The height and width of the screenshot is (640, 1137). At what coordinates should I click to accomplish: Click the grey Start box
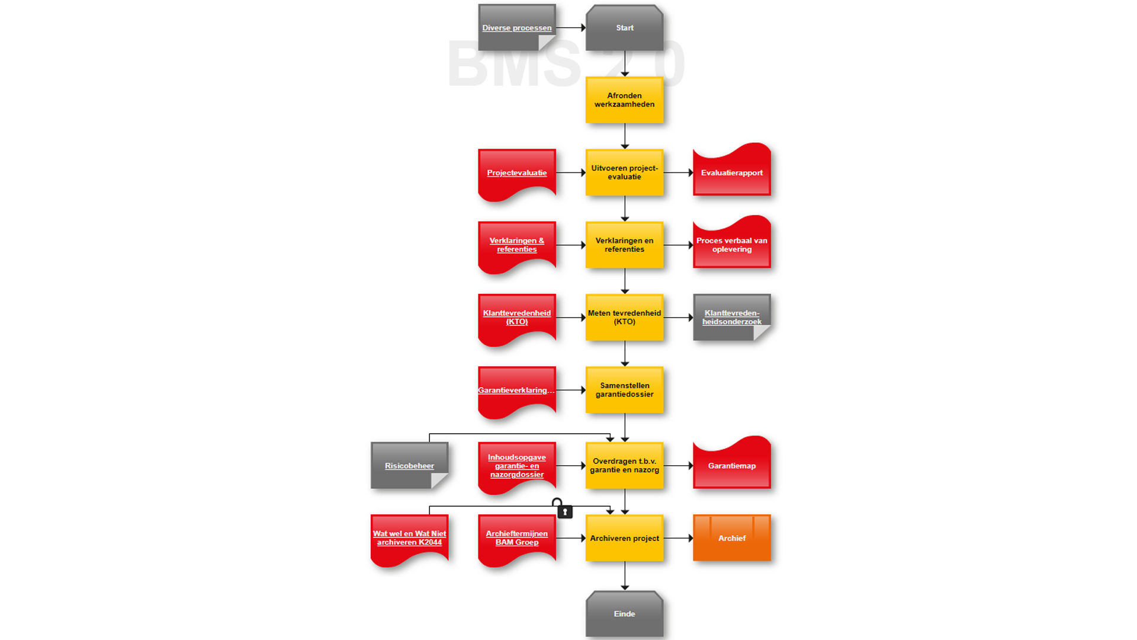[624, 28]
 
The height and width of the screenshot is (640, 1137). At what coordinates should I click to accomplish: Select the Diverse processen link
[516, 28]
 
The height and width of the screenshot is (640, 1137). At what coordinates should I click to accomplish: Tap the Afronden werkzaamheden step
[624, 100]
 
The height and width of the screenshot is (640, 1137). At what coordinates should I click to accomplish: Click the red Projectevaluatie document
[516, 172]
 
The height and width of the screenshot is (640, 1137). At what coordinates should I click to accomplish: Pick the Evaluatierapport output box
[732, 172]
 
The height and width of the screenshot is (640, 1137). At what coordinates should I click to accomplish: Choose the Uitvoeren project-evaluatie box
[624, 172]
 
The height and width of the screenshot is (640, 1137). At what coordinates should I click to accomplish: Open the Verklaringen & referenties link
[516, 245]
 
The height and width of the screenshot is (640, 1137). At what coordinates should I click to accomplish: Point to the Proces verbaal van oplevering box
[732, 245]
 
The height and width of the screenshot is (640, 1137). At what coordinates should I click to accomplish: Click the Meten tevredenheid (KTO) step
[624, 317]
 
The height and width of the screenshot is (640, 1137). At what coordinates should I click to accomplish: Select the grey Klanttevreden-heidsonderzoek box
[732, 317]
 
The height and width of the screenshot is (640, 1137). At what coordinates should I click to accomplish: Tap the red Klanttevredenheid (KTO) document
[516, 317]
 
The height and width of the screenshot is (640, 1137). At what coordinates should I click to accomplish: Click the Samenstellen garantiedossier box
[624, 389]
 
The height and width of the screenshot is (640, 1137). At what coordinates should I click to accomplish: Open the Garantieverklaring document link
[516, 390]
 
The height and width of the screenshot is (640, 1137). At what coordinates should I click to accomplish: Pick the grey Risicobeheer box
[409, 466]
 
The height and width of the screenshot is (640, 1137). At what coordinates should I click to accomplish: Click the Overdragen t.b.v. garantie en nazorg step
[624, 465]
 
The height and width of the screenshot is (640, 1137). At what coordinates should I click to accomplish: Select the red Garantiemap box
[732, 466]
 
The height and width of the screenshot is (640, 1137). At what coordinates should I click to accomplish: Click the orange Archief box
[732, 538]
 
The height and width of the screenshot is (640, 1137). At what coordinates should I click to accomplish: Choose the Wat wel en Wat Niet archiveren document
[409, 537]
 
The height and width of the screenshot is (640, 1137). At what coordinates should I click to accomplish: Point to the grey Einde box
[624, 614]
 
